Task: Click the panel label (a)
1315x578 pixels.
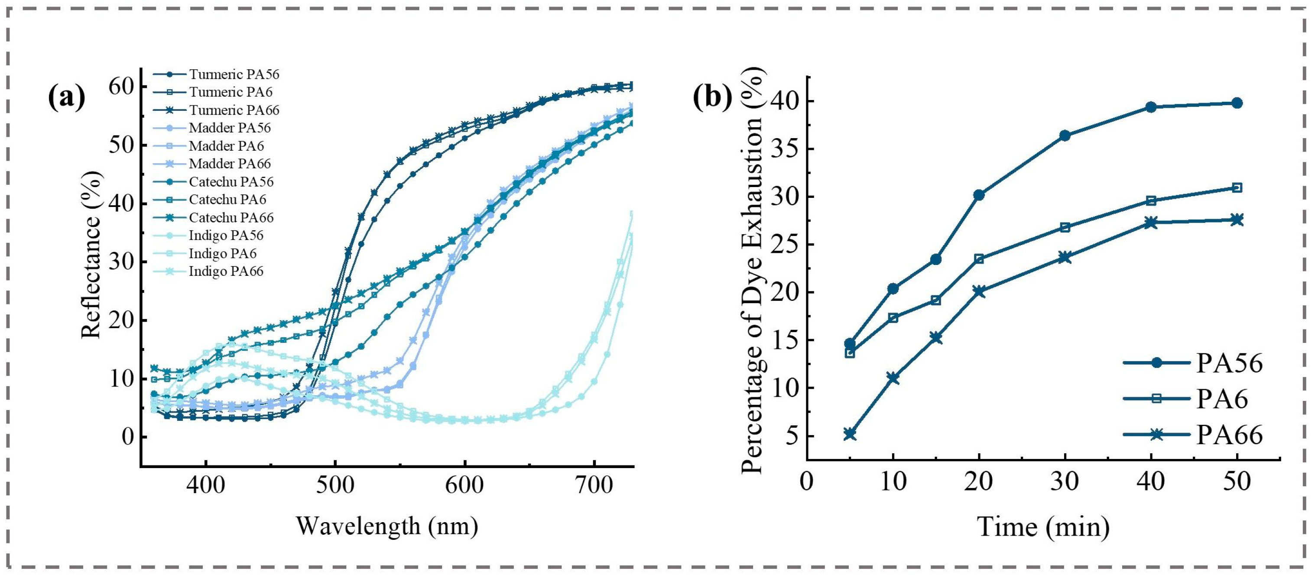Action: [66, 97]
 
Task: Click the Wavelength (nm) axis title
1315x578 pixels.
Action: [387, 526]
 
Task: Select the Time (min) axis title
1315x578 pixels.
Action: [1043, 526]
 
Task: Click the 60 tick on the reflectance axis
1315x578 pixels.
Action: [121, 86]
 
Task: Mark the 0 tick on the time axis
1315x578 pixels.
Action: [807, 481]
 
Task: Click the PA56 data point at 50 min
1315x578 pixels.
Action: [1237, 103]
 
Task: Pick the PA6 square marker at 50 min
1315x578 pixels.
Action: [1237, 188]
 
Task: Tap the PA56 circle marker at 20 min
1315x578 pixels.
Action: [979, 195]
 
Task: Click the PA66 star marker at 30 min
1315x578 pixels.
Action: [1065, 257]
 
